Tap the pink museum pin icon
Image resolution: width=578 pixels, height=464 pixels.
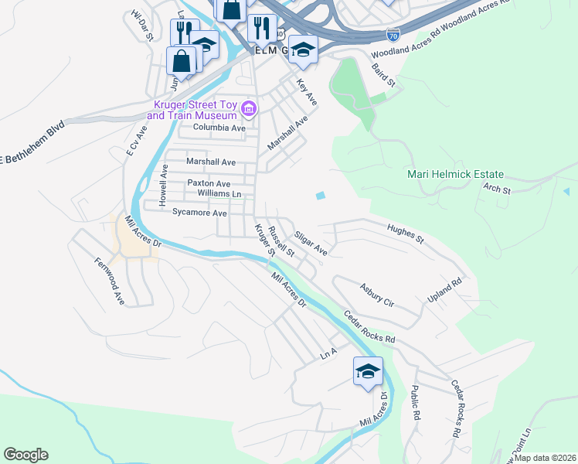(x=248, y=109)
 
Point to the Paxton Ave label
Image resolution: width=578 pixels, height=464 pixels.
(x=209, y=183)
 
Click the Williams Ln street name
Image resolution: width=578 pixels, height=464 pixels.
(x=219, y=193)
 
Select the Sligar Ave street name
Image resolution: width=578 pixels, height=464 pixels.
(x=311, y=244)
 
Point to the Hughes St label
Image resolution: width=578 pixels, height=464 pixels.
(x=406, y=234)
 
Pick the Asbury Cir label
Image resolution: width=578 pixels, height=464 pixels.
(x=377, y=295)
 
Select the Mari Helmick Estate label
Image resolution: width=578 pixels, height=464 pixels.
(x=455, y=175)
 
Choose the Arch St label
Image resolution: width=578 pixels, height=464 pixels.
(x=496, y=188)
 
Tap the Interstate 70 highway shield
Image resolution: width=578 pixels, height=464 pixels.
(x=393, y=35)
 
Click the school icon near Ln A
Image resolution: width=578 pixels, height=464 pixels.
(x=368, y=371)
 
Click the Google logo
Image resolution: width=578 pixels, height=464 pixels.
(x=25, y=455)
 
